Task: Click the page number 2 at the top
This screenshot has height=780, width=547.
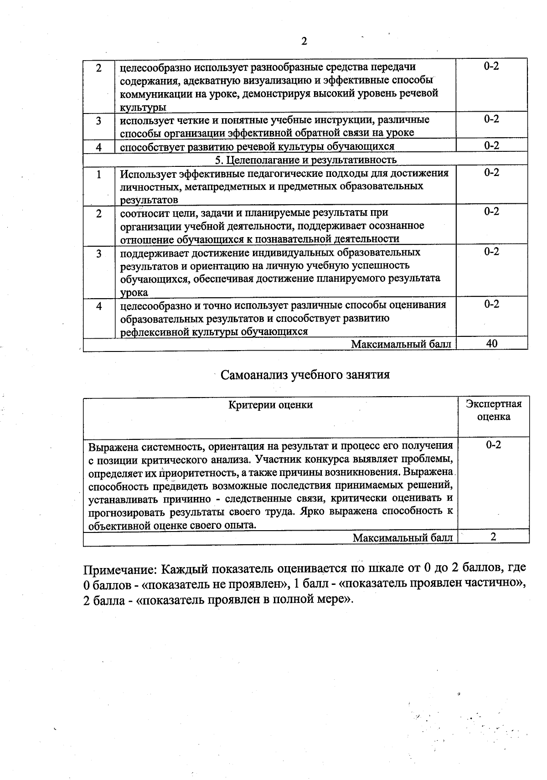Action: (304, 41)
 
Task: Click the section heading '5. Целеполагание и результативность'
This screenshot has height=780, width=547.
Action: (305, 160)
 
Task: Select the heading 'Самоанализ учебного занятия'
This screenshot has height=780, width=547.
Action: (305, 375)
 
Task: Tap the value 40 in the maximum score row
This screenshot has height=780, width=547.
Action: (491, 344)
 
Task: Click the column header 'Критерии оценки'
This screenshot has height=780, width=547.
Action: (270, 405)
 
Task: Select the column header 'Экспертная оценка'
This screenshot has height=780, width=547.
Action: (494, 410)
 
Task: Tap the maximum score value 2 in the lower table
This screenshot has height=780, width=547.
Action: (493, 537)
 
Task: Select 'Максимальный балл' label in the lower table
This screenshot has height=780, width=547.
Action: (403, 538)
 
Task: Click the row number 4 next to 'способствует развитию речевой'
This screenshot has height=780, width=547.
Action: (98, 147)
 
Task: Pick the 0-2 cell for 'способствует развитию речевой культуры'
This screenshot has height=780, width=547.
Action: (491, 145)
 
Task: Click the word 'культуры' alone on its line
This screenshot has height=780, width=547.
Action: (143, 108)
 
